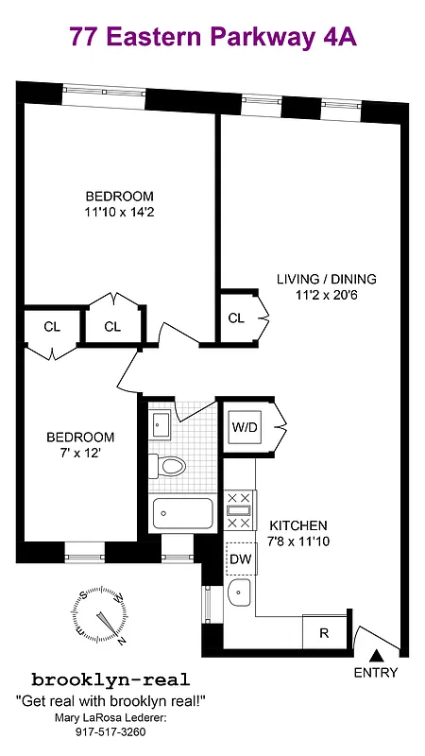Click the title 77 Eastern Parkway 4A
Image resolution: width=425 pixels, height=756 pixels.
point(212,37)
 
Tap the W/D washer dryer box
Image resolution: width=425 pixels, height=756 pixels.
point(245,427)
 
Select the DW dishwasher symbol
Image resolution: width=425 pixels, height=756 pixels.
point(239,558)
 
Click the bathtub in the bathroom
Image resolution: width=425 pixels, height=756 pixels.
point(183,513)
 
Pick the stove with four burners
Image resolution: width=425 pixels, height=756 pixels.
point(239,511)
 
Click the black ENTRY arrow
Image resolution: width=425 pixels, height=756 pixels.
point(376,655)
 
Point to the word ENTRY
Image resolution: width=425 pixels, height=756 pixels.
point(376,673)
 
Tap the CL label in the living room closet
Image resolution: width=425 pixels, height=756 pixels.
point(236,318)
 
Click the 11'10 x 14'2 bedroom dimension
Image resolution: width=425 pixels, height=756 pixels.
point(118,213)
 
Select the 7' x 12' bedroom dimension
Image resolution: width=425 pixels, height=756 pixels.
point(81,455)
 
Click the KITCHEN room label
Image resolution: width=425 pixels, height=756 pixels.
point(298,525)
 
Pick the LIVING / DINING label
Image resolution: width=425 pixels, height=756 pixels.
point(326,279)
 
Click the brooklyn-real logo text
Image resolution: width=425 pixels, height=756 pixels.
point(111,679)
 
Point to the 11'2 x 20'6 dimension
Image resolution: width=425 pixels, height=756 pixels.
point(326,296)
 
